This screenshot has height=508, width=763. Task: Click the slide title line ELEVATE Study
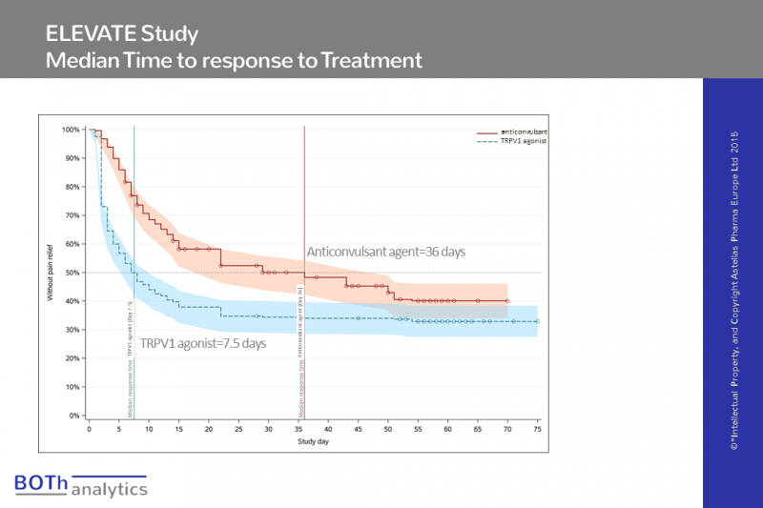(122, 34)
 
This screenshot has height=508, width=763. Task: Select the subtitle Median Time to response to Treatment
(234, 60)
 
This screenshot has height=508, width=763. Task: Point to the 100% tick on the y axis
(71, 129)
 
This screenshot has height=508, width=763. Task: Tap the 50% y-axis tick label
(72, 273)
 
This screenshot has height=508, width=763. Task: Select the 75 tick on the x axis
(537, 430)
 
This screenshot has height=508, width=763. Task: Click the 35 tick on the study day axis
(298, 430)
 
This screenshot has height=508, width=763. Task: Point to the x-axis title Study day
(314, 441)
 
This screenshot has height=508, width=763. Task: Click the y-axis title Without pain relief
(51, 274)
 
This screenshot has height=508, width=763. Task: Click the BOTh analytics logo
(81, 485)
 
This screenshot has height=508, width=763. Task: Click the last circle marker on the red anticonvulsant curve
(507, 301)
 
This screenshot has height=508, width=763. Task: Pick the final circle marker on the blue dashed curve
(537, 321)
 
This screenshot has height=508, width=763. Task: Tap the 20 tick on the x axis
(208, 430)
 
